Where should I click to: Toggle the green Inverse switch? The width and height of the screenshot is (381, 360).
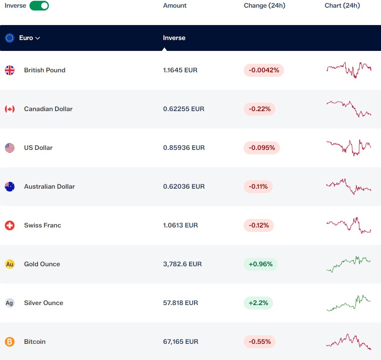point(39,6)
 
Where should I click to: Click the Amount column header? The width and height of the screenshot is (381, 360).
point(175,6)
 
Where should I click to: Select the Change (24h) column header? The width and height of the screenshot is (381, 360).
point(264,6)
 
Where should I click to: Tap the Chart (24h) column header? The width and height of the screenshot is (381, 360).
point(342,6)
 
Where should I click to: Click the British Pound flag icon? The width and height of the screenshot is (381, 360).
point(10,70)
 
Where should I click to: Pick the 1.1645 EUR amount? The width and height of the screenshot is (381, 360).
point(180,70)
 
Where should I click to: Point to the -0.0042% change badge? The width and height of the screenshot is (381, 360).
point(264,70)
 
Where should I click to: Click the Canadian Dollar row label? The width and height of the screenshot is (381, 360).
point(48,109)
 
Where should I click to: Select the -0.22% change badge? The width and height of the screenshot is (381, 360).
point(259,109)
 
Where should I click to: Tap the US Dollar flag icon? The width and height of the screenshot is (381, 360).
point(10,148)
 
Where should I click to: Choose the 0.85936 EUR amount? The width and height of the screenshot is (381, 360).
point(184,148)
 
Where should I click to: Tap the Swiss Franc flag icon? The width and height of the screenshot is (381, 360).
point(10,225)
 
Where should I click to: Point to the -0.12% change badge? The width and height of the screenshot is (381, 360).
point(259,225)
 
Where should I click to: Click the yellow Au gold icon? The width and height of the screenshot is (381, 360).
point(10,264)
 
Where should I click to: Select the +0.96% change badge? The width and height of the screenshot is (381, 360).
point(261,264)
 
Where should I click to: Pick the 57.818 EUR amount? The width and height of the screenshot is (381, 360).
point(181,303)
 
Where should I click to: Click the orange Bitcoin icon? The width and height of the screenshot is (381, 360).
point(10,342)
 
